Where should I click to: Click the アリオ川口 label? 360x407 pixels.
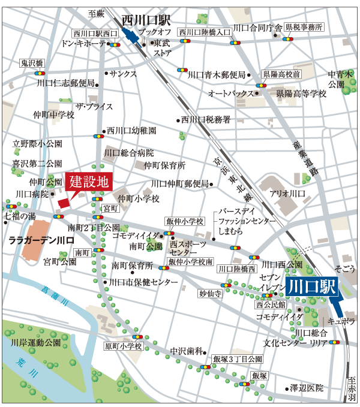287,194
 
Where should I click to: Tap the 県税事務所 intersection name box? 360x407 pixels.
304,27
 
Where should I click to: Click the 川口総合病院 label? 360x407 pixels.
128,153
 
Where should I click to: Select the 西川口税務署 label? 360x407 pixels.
206,120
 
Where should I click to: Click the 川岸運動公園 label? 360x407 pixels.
36,343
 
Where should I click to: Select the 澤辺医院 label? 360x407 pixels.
307,388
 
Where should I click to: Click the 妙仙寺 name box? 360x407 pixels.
211,294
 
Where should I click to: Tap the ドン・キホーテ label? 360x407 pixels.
83,44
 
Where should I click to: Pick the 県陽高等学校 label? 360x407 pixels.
301,94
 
